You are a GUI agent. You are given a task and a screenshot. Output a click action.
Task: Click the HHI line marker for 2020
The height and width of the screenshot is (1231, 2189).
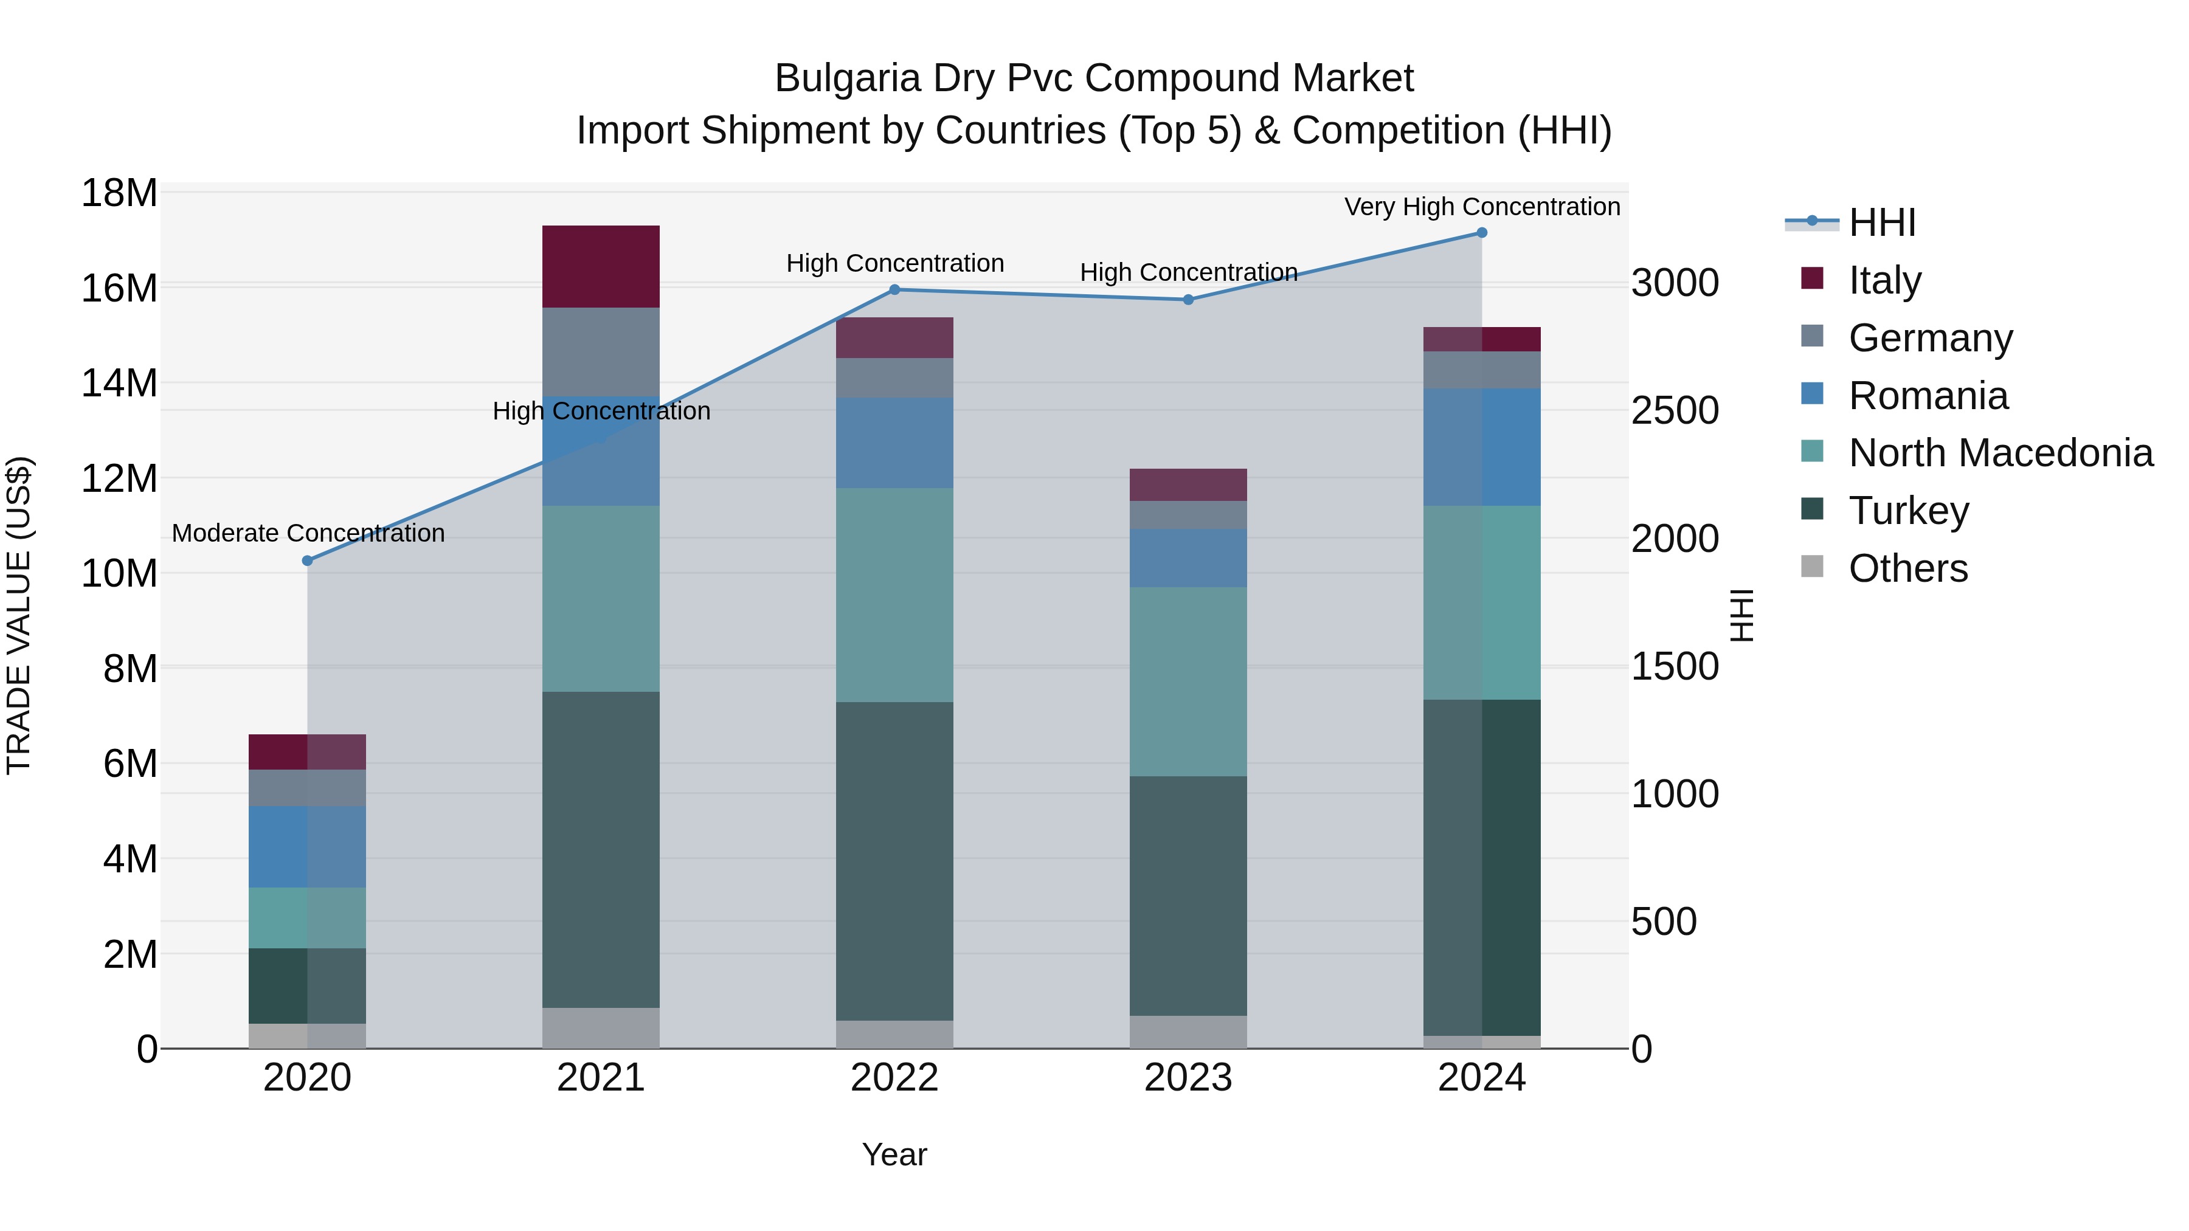coord(308,560)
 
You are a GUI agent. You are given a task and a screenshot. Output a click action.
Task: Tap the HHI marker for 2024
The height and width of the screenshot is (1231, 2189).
coord(1481,233)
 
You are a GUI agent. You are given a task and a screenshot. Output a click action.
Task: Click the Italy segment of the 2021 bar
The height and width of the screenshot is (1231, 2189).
coord(601,266)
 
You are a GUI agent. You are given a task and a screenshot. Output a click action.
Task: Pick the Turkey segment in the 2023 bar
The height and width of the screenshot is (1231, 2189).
coord(1188,895)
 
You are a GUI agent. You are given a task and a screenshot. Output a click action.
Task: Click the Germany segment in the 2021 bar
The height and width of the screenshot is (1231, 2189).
coord(601,352)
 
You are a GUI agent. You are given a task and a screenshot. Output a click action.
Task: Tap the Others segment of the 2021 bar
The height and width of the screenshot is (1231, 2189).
coord(601,1028)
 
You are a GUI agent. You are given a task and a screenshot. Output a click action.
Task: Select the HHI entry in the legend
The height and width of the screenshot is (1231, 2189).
coord(1881,222)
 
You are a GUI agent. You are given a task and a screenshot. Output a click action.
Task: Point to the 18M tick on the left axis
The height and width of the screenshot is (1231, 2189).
coord(119,193)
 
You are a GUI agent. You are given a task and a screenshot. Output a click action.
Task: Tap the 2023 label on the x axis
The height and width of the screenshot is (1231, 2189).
coord(1188,1078)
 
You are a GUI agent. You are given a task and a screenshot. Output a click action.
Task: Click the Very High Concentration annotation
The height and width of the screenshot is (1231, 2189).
coord(1481,207)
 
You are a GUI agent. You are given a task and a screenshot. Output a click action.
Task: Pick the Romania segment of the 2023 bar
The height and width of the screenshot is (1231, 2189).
coord(1188,558)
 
